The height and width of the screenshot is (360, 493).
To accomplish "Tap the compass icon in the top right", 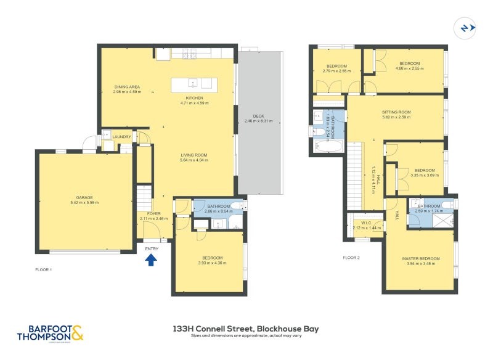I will click(465, 28).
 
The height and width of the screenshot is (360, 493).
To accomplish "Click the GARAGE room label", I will click(84, 197).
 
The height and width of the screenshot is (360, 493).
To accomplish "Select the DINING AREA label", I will click(127, 87).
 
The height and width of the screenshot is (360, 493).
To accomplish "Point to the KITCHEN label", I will click(194, 98).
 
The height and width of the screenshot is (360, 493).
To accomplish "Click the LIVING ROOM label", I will click(194, 155).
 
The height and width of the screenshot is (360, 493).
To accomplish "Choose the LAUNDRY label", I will click(121, 137).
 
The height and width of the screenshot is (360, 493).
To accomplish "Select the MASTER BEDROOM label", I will click(420, 258).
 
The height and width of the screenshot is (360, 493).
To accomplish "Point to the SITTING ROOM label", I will click(396, 112).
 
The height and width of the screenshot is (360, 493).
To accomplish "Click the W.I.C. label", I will click(366, 223).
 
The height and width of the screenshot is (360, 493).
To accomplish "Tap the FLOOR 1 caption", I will click(44, 270).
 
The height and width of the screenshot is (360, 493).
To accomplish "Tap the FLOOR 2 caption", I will click(351, 258).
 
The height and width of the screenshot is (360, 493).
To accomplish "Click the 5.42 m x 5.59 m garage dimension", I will click(84, 202).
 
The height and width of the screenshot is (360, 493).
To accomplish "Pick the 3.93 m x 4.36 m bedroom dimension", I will click(212, 263).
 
